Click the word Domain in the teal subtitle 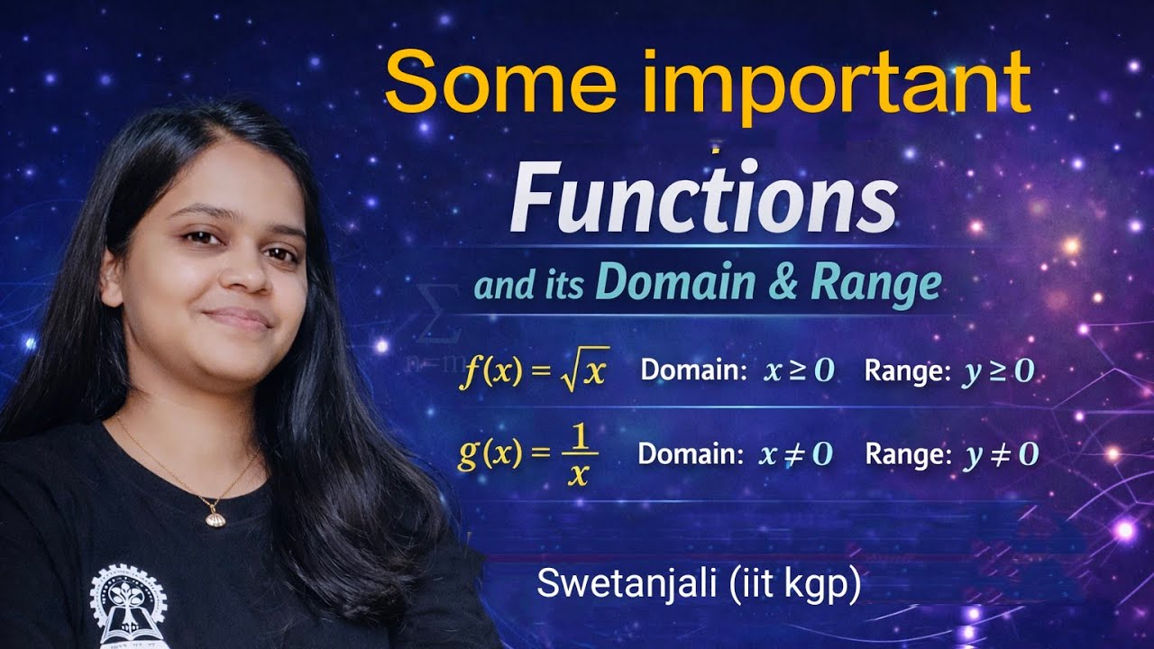[x=663, y=284]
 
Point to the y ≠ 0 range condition [x=1001, y=454]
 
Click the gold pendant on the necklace [x=216, y=517]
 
